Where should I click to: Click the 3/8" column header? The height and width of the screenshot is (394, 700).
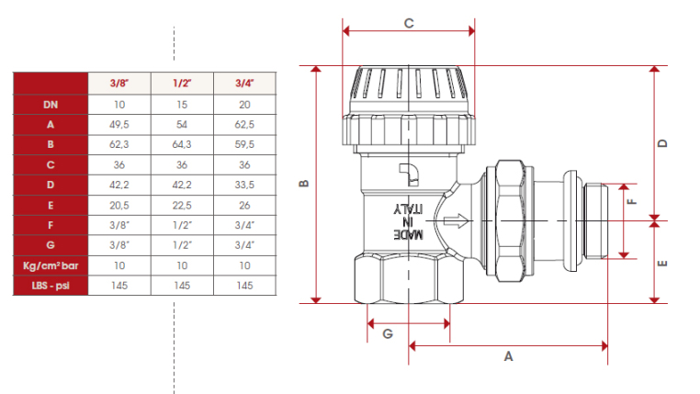[x=119, y=83]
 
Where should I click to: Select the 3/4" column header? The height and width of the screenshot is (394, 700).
[x=244, y=83]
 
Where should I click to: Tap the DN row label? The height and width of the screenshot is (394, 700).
[x=51, y=105]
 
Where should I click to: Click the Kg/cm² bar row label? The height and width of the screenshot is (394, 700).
[x=51, y=265]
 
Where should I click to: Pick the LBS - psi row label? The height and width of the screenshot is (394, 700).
[x=51, y=286]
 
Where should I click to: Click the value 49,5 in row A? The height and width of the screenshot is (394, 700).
[x=119, y=125]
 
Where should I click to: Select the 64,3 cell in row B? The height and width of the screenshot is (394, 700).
[x=182, y=144]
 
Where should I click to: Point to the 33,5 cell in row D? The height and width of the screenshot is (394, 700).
[x=244, y=185]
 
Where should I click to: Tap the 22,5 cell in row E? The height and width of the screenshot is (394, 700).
[x=182, y=205]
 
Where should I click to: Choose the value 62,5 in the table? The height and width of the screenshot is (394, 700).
[x=244, y=125]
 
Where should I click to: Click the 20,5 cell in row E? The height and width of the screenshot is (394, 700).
[x=119, y=205]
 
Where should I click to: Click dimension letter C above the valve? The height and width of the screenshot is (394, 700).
[x=409, y=23]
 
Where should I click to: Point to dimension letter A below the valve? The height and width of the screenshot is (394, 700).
[x=509, y=356]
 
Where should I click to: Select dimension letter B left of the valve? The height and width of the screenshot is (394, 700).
[x=304, y=184]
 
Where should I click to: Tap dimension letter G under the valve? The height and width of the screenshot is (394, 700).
[x=388, y=333]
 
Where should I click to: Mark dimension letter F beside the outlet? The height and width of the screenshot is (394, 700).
[x=632, y=201]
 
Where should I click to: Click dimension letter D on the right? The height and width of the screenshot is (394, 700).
[x=663, y=143]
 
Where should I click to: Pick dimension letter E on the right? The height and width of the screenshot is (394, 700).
[x=663, y=264]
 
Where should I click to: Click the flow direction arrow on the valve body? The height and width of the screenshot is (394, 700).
[x=456, y=220]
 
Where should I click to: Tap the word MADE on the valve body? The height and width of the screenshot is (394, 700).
[x=408, y=234]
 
